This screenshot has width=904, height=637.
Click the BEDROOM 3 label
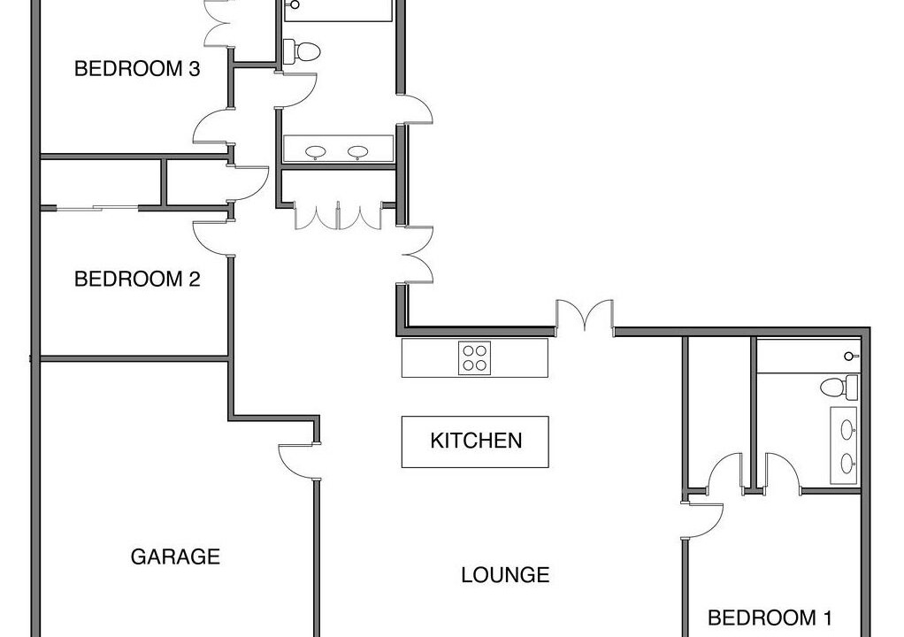pyautogui.click(x=137, y=69)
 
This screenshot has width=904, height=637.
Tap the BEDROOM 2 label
pyautogui.click(x=137, y=279)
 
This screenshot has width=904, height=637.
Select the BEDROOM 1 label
pyautogui.click(x=770, y=618)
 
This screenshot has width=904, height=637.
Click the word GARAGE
pyautogui.click(x=175, y=556)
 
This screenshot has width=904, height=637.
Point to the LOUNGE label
pyautogui.click(x=505, y=575)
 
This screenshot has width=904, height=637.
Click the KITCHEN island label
pyautogui.click(x=476, y=441)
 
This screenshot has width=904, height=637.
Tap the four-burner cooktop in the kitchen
pyautogui.click(x=474, y=358)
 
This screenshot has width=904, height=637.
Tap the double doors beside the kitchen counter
pyautogui.click(x=585, y=315)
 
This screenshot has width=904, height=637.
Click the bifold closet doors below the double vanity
pyautogui.click(x=338, y=215)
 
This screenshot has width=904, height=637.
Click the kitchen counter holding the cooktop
pyautogui.click(x=474, y=358)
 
